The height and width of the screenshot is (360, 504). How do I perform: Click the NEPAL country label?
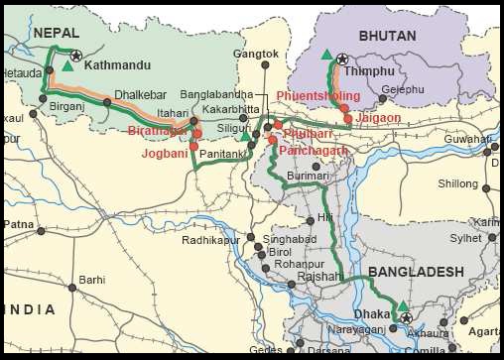56,34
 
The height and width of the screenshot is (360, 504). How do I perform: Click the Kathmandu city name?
117,66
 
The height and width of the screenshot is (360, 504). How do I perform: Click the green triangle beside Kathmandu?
67,65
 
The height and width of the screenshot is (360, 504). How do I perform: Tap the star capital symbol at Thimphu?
342,60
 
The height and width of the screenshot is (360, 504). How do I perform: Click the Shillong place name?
457,183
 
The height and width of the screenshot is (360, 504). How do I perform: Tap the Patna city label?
19,224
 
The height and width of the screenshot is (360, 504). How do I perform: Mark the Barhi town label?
92,280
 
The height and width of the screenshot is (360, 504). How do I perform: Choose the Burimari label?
307,176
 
